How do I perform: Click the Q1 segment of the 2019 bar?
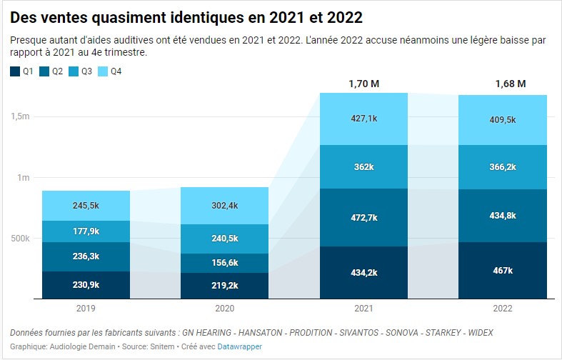coord(86,284)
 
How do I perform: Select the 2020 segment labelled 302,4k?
coord(225,206)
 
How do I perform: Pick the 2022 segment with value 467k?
coord(502,270)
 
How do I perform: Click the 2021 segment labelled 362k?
coord(363,166)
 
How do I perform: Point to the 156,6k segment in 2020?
coord(225,263)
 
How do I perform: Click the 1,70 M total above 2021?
coord(363,84)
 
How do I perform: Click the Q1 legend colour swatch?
coord(15,71)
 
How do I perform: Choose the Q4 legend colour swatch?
coord(101,71)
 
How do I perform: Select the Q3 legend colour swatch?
coord(73,71)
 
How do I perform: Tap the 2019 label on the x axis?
coord(86,308)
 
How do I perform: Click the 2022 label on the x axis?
coord(502,308)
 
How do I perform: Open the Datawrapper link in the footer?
coord(240,346)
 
